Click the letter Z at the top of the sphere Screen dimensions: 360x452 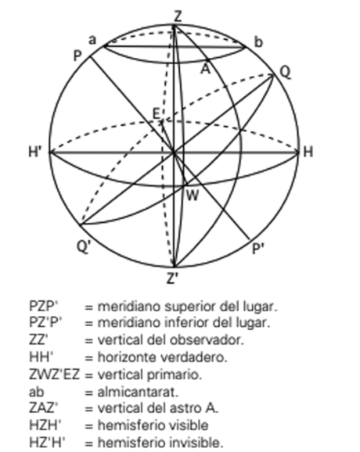(178, 16)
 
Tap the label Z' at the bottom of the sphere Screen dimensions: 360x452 (172, 278)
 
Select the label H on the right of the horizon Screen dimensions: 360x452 (308, 152)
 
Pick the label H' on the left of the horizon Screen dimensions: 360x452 (35, 152)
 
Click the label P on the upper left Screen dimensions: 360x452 (77, 56)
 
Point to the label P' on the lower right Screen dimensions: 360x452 (258, 248)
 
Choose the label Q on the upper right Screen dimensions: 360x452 (286, 72)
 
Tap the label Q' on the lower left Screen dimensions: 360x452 (84, 247)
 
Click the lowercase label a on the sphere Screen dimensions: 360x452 (92, 40)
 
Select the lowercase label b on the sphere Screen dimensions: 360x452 (258, 42)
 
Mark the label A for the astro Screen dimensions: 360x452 (205, 70)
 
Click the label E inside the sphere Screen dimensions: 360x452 (156, 113)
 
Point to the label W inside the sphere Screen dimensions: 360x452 (193, 196)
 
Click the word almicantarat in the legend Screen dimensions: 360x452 (138, 392)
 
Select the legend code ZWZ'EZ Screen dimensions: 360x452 (54, 375)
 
